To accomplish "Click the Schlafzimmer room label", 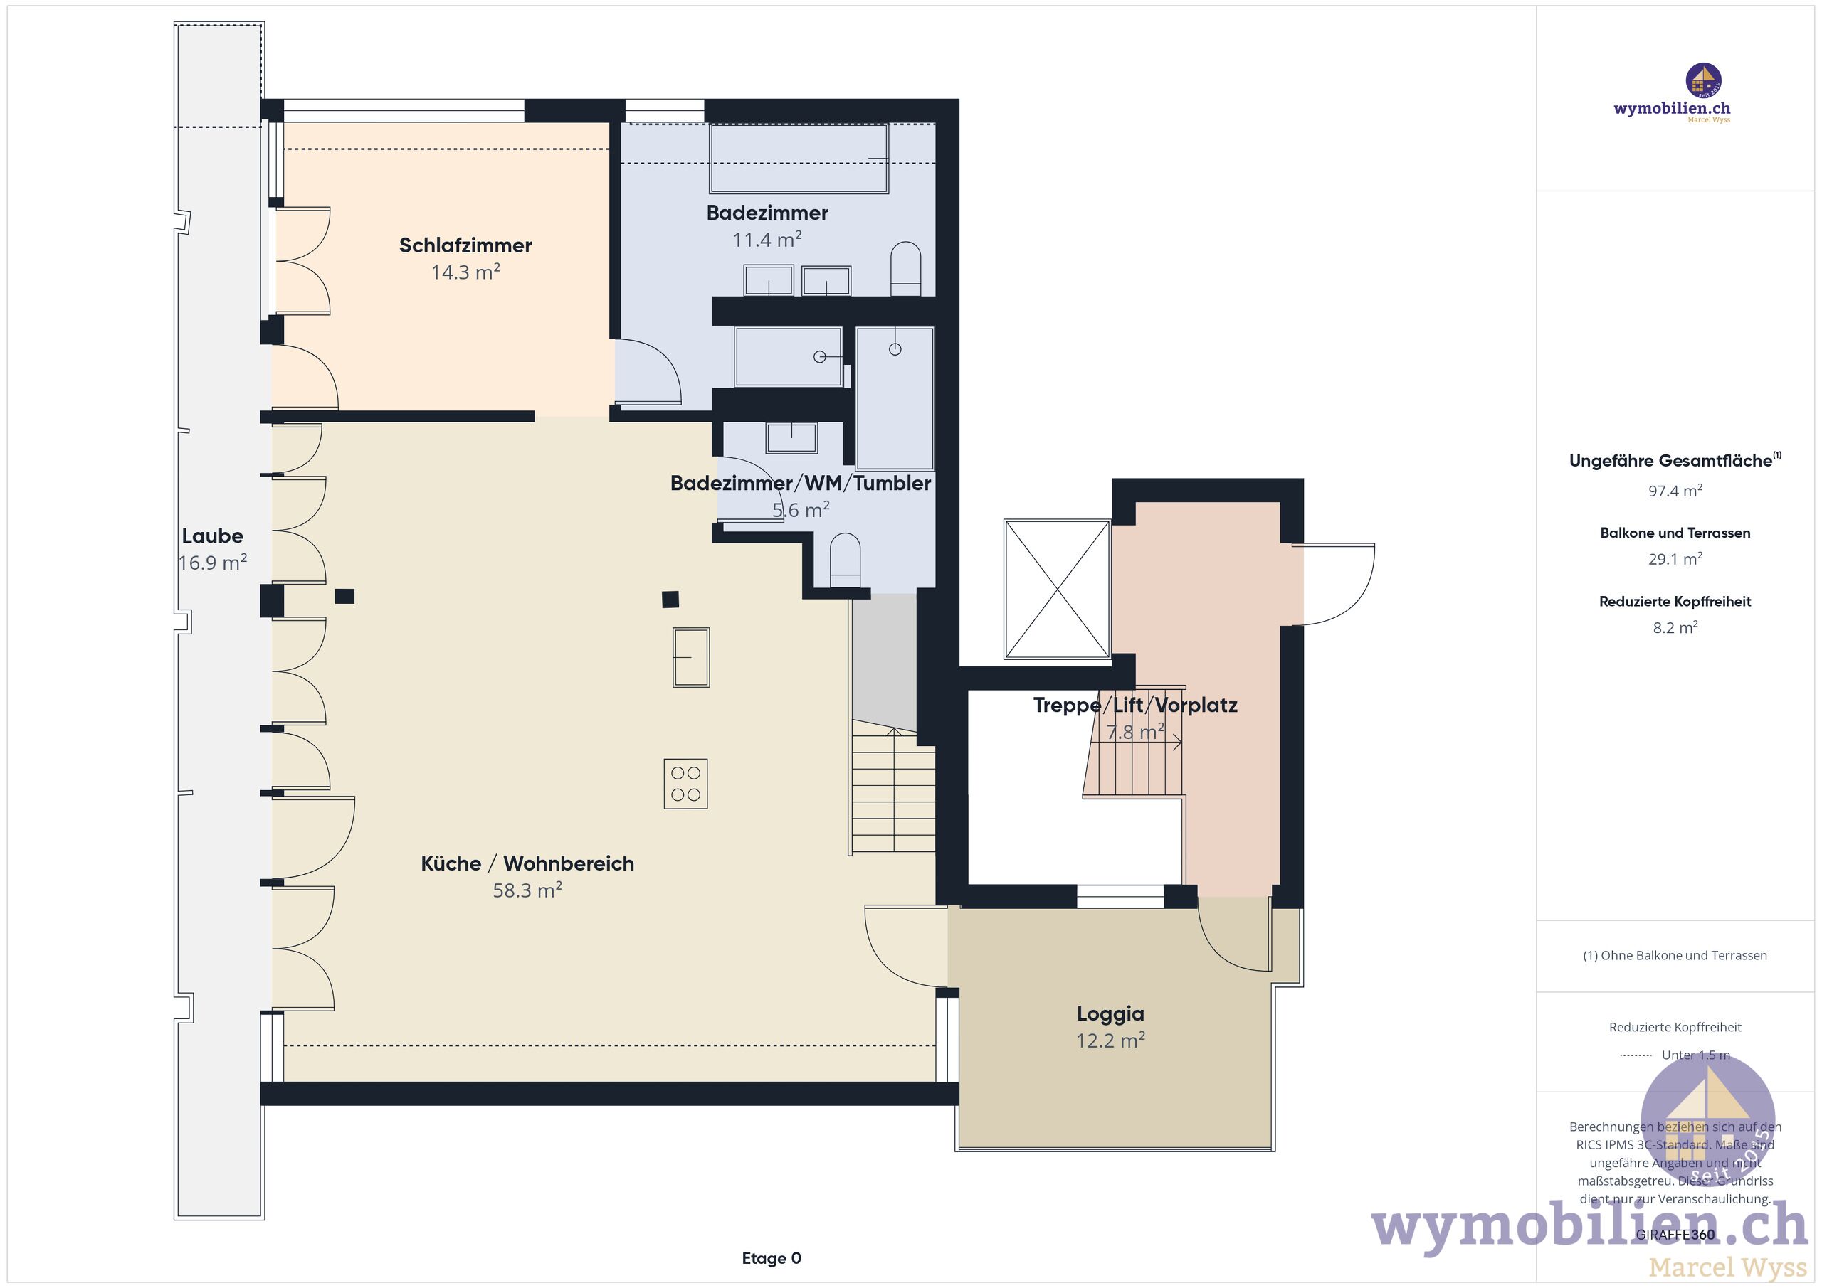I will coord(465,245).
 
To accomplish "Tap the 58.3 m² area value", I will coord(527,890).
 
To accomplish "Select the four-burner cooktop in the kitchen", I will coord(685,784).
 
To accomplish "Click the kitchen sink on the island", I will coord(691,656).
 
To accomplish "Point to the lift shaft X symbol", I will coord(1056,590).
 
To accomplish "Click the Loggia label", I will coord(1110,1013).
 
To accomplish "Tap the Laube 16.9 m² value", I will coord(213,563).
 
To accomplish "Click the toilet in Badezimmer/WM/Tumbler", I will coord(845,560).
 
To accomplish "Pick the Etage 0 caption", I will coord(772,1259).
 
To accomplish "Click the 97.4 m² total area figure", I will coord(1675,491).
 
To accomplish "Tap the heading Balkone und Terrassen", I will coord(1675,533).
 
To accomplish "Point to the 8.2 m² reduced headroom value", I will coord(1675,627).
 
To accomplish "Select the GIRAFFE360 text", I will coord(1675,1235).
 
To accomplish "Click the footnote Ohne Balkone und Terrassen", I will coord(1675,956).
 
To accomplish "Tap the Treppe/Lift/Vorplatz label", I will coord(1134,705).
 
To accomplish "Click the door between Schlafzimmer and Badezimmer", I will coord(647,373).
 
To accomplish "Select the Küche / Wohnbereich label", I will coord(527,863).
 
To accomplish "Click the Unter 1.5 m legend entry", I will coord(1695,1055).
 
